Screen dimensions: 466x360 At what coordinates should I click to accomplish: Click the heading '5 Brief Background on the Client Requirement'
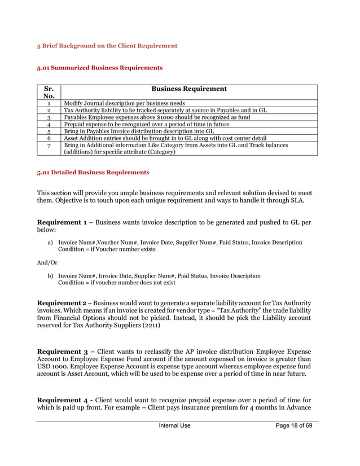click(x=107, y=46)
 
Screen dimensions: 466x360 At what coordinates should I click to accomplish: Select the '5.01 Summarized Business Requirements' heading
click(x=100, y=68)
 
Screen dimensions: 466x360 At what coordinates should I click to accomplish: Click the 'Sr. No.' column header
click(x=49, y=93)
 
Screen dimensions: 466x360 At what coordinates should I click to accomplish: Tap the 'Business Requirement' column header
click(x=188, y=89)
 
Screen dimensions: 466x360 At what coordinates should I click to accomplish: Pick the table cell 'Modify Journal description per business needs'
click(x=124, y=104)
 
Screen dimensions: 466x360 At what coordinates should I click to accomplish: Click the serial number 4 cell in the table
click(x=49, y=124)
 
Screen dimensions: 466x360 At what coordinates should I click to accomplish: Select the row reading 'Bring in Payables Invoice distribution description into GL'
click(x=135, y=131)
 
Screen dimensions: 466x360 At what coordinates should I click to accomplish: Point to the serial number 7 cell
click(x=49, y=146)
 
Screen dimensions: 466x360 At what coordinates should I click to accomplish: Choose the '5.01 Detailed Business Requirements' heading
click(x=93, y=172)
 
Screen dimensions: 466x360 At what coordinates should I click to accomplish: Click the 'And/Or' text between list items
click(x=48, y=262)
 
